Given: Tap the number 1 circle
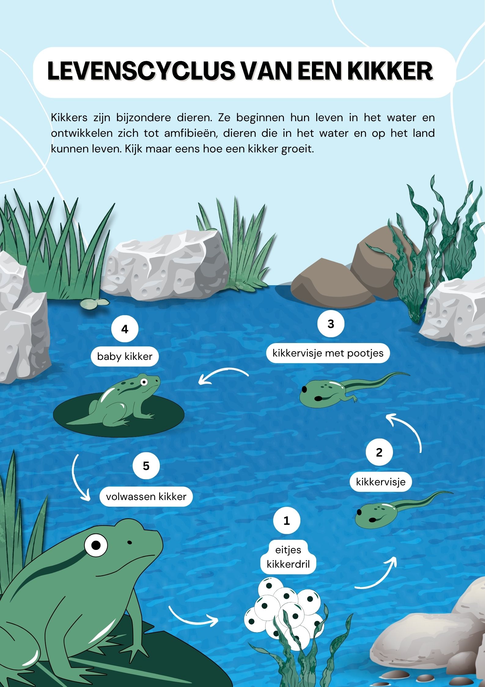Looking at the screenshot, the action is tap(287, 520).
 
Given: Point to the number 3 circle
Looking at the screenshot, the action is tap(331, 324).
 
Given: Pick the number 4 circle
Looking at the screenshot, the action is tap(125, 329).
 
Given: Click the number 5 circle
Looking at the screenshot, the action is tap(146, 466).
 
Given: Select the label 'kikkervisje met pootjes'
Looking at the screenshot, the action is tap(328, 353).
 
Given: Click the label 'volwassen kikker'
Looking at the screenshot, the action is tap(146, 496).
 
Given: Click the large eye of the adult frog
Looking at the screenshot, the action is tap(96, 545).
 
